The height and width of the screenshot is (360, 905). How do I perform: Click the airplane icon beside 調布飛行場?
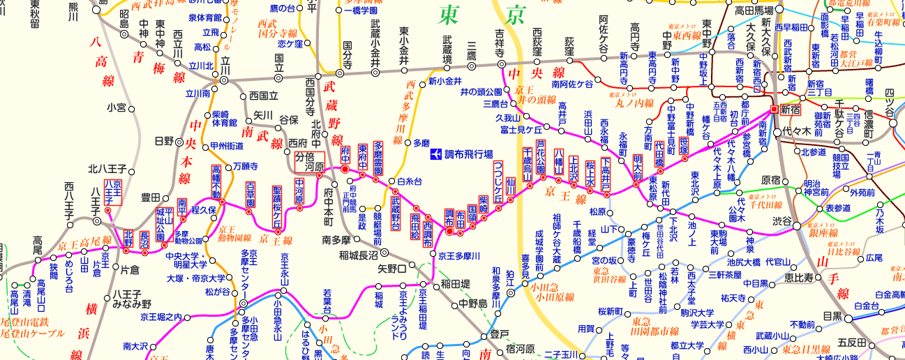point(435,153)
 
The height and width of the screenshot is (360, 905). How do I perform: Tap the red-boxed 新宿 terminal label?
point(792,110)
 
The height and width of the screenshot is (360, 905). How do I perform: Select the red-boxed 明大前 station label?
point(637,168)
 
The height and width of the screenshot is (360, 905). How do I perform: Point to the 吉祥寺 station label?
point(500,43)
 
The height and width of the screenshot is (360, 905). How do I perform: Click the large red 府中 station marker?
point(344,169)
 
